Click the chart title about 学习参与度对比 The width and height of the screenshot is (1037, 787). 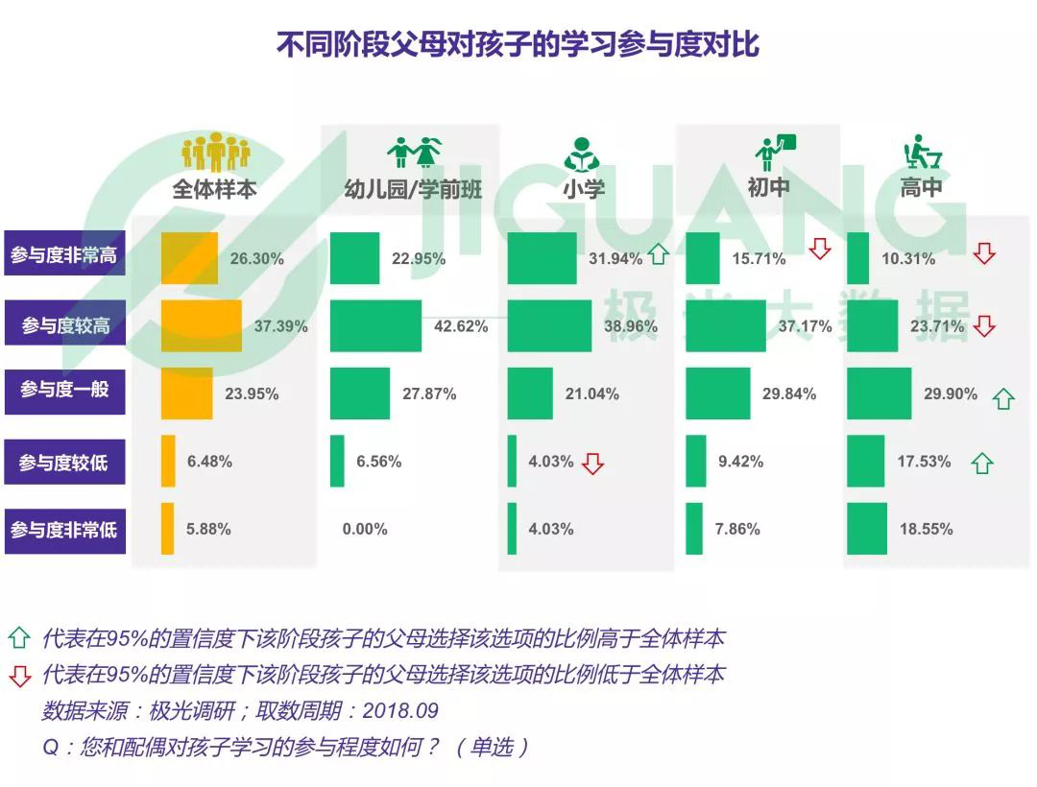click(518, 45)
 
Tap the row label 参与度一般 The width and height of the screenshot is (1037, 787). click(64, 390)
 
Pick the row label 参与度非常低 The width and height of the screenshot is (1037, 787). click(64, 529)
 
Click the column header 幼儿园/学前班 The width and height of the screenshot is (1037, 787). click(413, 188)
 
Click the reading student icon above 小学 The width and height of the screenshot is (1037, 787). click(582, 153)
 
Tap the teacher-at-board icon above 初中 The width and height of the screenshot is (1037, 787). click(774, 152)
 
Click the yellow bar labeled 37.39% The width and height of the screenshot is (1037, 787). click(201, 326)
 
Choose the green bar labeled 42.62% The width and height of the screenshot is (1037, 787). click(375, 326)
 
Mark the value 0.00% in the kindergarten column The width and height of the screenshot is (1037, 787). click(365, 530)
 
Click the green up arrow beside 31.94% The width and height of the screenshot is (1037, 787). click(658, 256)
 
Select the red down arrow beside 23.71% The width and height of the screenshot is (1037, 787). click(983, 326)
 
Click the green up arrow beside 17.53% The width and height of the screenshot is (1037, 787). click(980, 465)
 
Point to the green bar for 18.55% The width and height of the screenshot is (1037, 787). click(867, 529)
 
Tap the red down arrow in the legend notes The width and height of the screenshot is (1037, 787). click(20, 675)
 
